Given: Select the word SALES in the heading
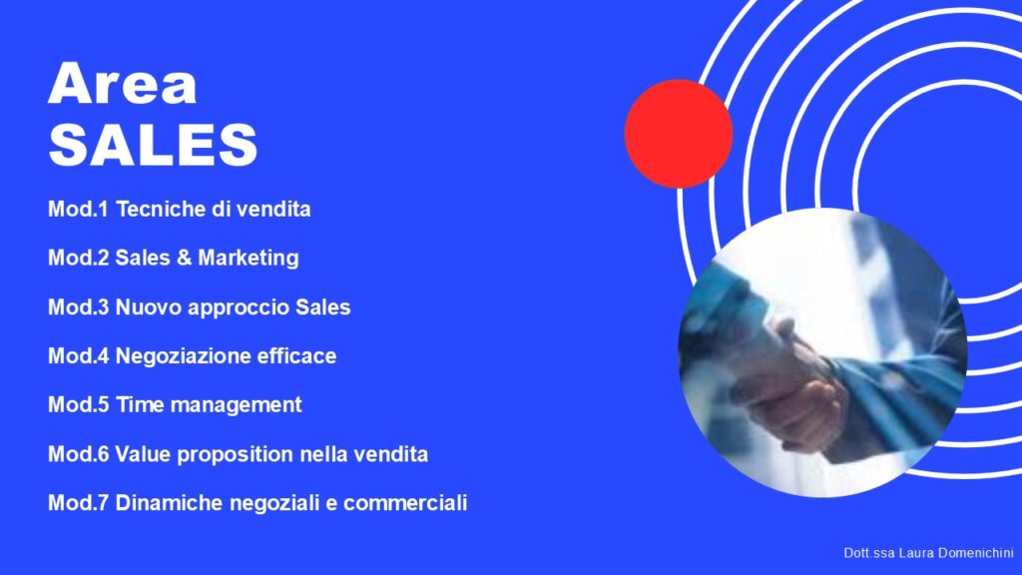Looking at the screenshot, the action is [x=153, y=144].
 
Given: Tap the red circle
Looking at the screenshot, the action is [x=679, y=134].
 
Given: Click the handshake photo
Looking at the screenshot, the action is [x=822, y=352].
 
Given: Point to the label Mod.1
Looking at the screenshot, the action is [x=78, y=210].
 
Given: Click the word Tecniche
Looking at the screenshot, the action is [x=161, y=210].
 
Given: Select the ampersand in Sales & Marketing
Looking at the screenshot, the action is [x=184, y=259].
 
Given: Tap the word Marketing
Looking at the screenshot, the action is [x=249, y=259].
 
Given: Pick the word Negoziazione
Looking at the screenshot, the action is [x=183, y=356].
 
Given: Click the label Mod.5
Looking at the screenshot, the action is [x=78, y=405].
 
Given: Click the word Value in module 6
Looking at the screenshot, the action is [x=143, y=454].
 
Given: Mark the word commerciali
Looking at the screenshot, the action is [x=405, y=503].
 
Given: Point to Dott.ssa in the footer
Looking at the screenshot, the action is [x=869, y=553].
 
